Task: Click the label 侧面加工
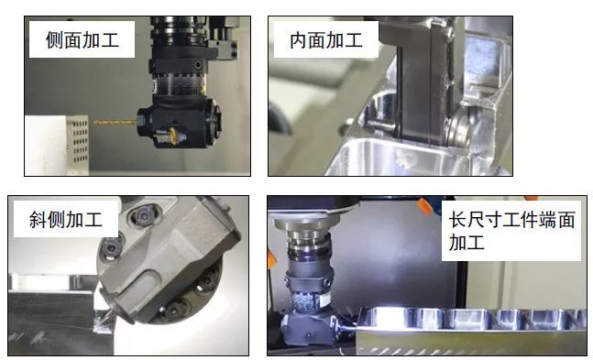coord(82,40)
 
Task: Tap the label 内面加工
coord(325,40)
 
